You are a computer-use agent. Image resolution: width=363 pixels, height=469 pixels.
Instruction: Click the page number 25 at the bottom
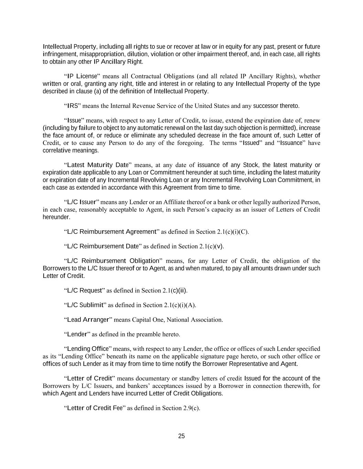pos(181,436)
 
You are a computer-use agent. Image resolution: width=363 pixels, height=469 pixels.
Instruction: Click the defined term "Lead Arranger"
pos(88,320)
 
